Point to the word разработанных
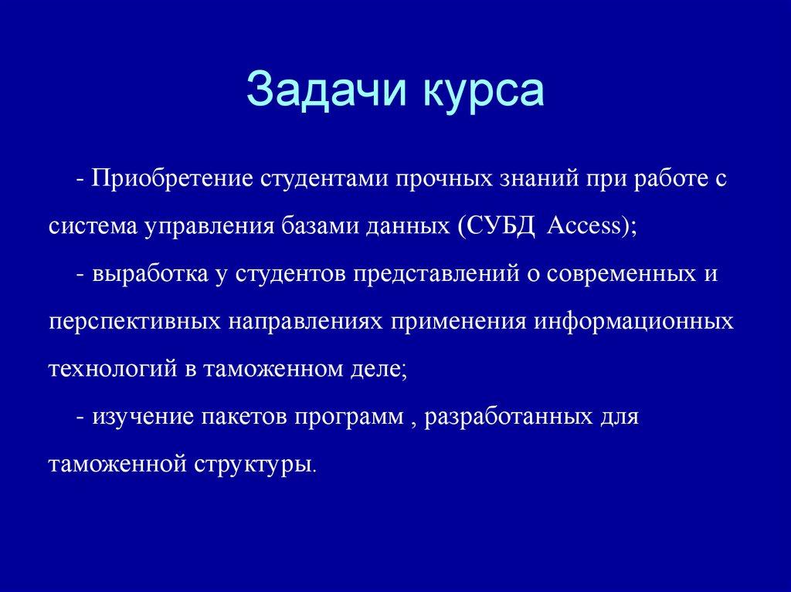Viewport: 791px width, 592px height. (505, 418)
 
